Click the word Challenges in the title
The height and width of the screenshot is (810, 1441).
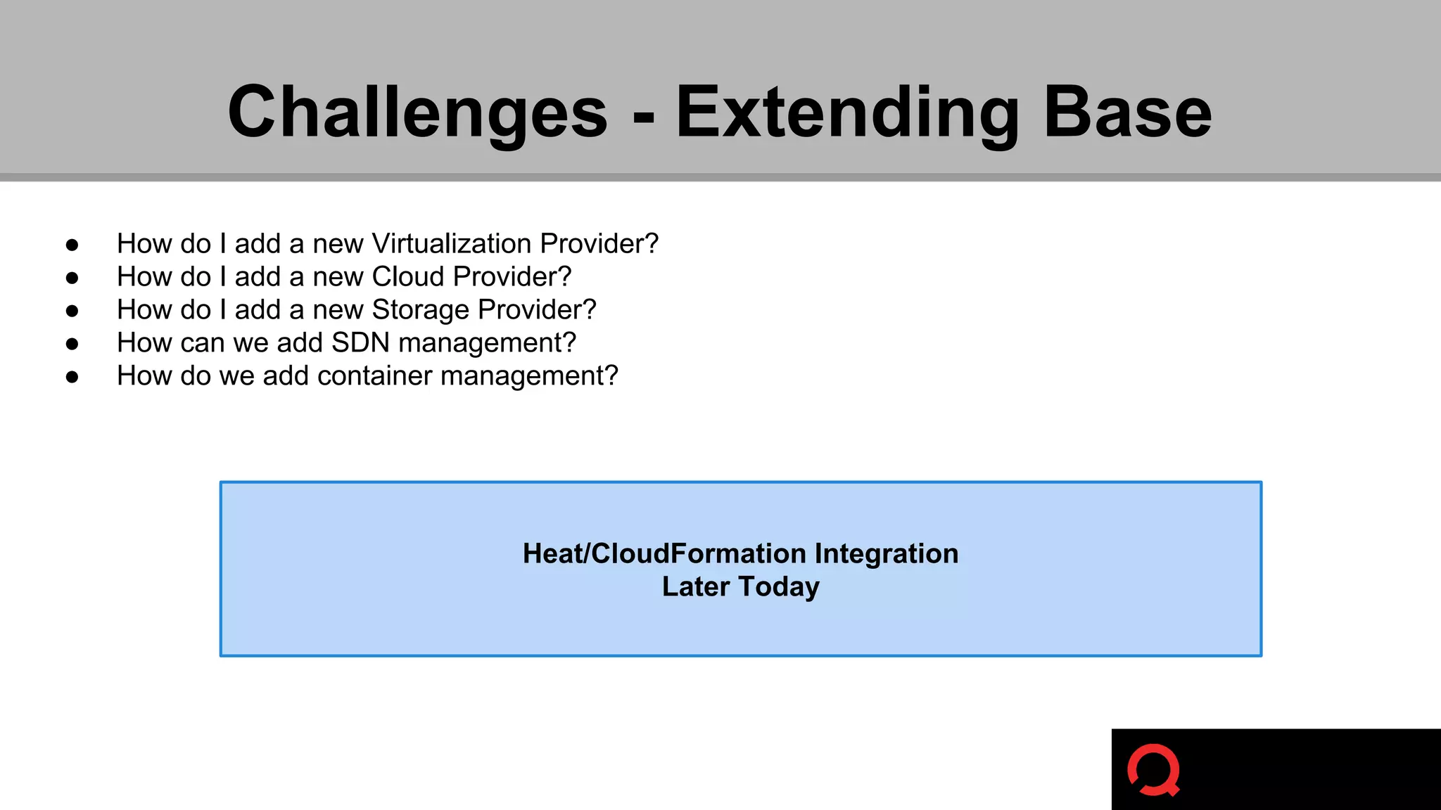[x=417, y=112]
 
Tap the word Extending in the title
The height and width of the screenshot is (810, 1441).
[x=847, y=112]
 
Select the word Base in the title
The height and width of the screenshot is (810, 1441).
[x=1127, y=112]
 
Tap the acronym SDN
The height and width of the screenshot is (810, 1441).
[x=360, y=342]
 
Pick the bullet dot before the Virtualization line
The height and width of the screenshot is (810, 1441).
[x=72, y=245]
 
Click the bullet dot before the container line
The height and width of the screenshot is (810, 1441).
[x=72, y=377]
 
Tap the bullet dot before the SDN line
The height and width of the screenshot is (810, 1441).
[x=72, y=344]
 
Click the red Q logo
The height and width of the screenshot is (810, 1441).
[x=1154, y=770]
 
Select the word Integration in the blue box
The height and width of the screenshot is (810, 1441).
[x=886, y=553]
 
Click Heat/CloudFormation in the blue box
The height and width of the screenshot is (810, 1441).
[x=664, y=553]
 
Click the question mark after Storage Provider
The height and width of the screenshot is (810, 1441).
[x=588, y=310]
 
